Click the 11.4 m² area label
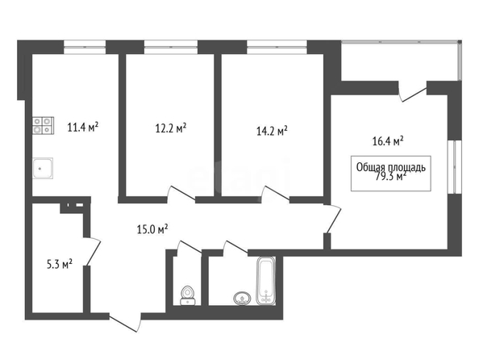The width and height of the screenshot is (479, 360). (x=83, y=127)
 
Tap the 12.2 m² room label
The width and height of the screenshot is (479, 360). (x=171, y=128)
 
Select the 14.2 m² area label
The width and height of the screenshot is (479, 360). (x=272, y=132)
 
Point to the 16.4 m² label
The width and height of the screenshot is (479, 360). (x=388, y=141)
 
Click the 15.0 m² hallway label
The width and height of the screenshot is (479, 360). (x=152, y=229)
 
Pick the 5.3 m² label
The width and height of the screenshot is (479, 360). (x=59, y=264)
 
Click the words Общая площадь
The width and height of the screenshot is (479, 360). (x=391, y=167)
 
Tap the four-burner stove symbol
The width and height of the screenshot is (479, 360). (x=43, y=125)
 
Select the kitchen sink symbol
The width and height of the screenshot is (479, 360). (x=43, y=168)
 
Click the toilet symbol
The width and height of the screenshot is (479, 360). (x=187, y=295)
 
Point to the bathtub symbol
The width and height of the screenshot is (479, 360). (x=266, y=281)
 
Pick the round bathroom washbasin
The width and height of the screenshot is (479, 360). (x=243, y=298)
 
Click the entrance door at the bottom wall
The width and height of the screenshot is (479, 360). (x=125, y=322)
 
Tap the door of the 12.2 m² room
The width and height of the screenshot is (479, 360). (x=181, y=194)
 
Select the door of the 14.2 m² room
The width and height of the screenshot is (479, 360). (x=276, y=194)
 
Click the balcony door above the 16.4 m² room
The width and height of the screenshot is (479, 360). (x=412, y=91)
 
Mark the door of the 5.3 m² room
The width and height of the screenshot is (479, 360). (x=92, y=251)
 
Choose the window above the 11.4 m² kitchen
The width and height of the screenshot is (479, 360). (x=85, y=47)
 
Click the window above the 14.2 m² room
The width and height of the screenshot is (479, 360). (x=277, y=47)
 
